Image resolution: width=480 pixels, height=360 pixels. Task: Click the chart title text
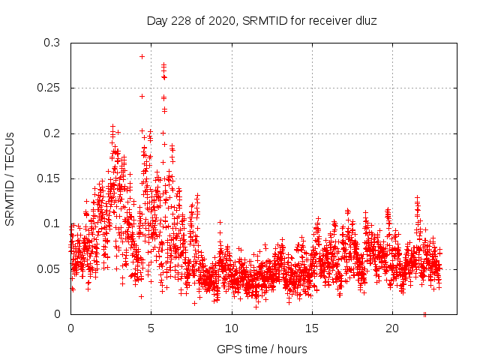[261, 21]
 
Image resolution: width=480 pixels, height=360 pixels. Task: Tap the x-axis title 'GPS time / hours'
[261, 349]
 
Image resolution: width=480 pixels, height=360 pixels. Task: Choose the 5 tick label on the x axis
[151, 328]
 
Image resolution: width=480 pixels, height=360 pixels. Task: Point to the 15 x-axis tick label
[312, 328]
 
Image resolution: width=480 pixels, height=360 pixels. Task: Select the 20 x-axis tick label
[392, 328]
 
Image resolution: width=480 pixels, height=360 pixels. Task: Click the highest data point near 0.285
[142, 56]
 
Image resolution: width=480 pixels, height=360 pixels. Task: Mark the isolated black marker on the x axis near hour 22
[424, 313]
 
